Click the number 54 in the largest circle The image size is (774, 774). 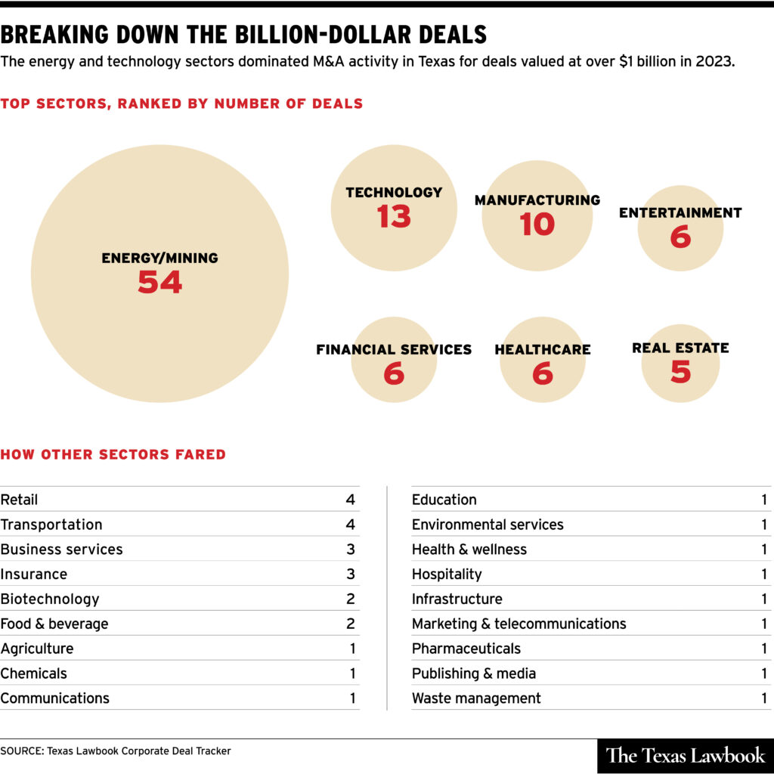[x=159, y=282]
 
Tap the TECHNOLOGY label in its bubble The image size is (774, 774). [x=394, y=193]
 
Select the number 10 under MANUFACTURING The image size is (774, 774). [x=537, y=224]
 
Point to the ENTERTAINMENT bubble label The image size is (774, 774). [x=680, y=213]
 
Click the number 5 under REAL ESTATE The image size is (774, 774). [x=680, y=371]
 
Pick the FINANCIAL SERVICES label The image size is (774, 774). [x=393, y=350]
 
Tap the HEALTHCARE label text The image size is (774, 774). [x=542, y=350]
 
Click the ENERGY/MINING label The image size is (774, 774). [x=159, y=259]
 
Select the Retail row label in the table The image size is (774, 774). [x=19, y=500]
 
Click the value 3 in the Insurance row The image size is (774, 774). [x=350, y=574]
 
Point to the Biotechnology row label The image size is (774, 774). [x=50, y=599]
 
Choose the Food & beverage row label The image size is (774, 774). [x=54, y=624]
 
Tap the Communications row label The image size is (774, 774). [x=54, y=698]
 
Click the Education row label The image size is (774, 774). [x=444, y=500]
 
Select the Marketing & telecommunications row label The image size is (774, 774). [x=519, y=624]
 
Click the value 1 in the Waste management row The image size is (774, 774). [x=764, y=698]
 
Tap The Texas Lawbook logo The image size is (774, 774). [x=686, y=754]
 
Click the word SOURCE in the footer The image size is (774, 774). [x=21, y=751]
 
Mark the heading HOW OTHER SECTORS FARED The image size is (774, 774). [x=113, y=455]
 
